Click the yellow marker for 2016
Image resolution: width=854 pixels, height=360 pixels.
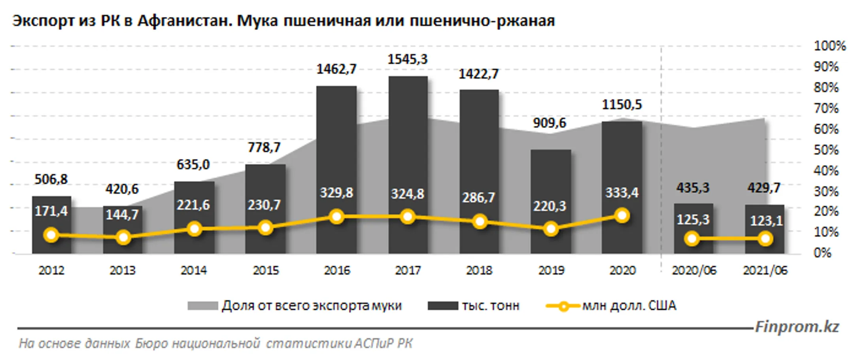(x=337, y=217)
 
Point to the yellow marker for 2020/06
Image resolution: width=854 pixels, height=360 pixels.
(x=692, y=239)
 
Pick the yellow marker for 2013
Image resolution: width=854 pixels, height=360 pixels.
(x=123, y=237)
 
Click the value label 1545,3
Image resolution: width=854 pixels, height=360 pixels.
(x=407, y=59)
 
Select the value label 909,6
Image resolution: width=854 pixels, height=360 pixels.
(x=549, y=123)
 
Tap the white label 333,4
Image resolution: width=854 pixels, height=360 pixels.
(x=622, y=192)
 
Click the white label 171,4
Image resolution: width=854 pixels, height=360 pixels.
(x=51, y=211)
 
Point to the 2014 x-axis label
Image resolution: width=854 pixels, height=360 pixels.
(x=194, y=270)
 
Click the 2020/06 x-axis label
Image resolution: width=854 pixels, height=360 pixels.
(x=694, y=270)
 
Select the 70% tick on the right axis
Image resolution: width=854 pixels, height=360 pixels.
(x=826, y=108)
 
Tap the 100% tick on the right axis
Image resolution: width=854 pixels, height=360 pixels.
(x=829, y=46)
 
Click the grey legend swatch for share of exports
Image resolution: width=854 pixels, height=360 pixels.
(x=202, y=306)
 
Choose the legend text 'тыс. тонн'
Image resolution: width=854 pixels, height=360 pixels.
(x=490, y=306)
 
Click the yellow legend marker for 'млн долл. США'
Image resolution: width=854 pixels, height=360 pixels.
(x=563, y=306)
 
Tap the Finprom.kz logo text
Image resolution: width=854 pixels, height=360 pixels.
(x=797, y=327)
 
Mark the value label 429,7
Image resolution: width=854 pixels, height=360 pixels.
(x=763, y=187)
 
